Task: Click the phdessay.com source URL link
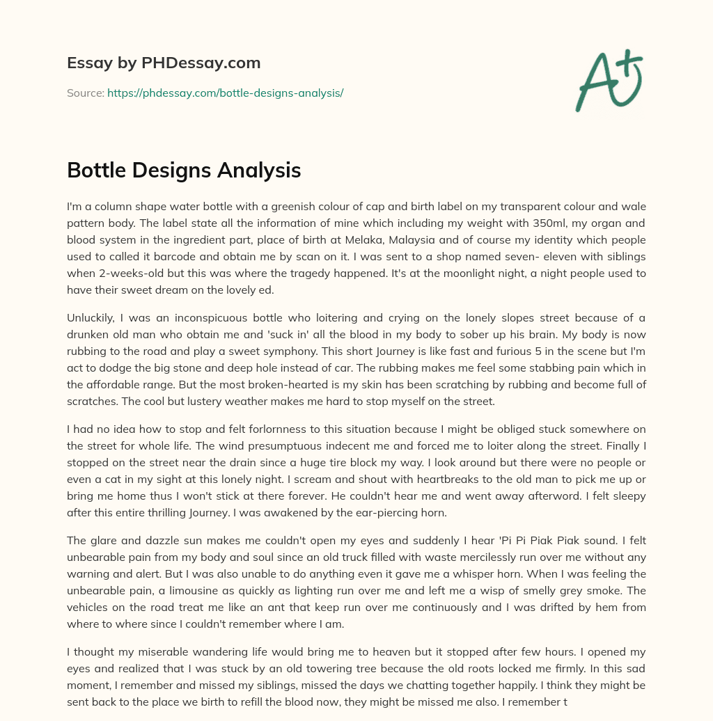[225, 93]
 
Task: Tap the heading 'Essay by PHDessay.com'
[164, 63]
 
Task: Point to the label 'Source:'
[85, 93]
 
